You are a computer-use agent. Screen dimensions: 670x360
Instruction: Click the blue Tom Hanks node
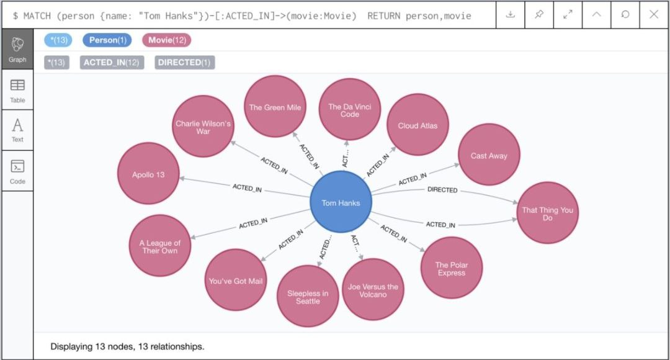click(x=341, y=202)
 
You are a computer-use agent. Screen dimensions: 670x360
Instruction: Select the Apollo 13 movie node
click(x=148, y=174)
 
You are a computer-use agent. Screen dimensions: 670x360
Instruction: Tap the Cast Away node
click(x=489, y=155)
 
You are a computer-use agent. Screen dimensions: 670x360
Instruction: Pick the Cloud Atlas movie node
click(x=418, y=125)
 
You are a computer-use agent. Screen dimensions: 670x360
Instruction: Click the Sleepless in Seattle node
click(x=308, y=296)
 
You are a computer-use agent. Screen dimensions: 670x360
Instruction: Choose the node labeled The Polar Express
click(x=451, y=268)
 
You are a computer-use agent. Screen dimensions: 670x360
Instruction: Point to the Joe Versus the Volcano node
click(x=373, y=289)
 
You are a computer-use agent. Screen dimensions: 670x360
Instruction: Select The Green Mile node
click(x=275, y=107)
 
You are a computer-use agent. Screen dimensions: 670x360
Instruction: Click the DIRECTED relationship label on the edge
click(x=442, y=189)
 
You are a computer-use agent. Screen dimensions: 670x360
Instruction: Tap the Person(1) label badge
click(x=107, y=40)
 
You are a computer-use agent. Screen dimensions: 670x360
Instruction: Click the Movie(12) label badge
click(x=167, y=40)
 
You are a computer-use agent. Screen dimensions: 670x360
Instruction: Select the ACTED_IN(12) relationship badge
click(x=112, y=63)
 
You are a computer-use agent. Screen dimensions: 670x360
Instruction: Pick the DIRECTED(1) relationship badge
click(x=185, y=63)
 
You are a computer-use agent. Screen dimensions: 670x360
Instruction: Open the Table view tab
click(x=17, y=91)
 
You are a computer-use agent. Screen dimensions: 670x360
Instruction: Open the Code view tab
click(x=17, y=171)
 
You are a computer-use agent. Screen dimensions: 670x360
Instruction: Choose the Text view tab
click(x=17, y=130)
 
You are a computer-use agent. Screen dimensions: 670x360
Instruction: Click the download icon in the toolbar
click(x=510, y=14)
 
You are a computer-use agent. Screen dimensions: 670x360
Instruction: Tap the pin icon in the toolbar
click(x=539, y=14)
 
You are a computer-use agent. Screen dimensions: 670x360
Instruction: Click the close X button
click(x=654, y=14)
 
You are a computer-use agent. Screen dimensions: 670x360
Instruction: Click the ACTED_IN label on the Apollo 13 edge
click(x=247, y=187)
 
